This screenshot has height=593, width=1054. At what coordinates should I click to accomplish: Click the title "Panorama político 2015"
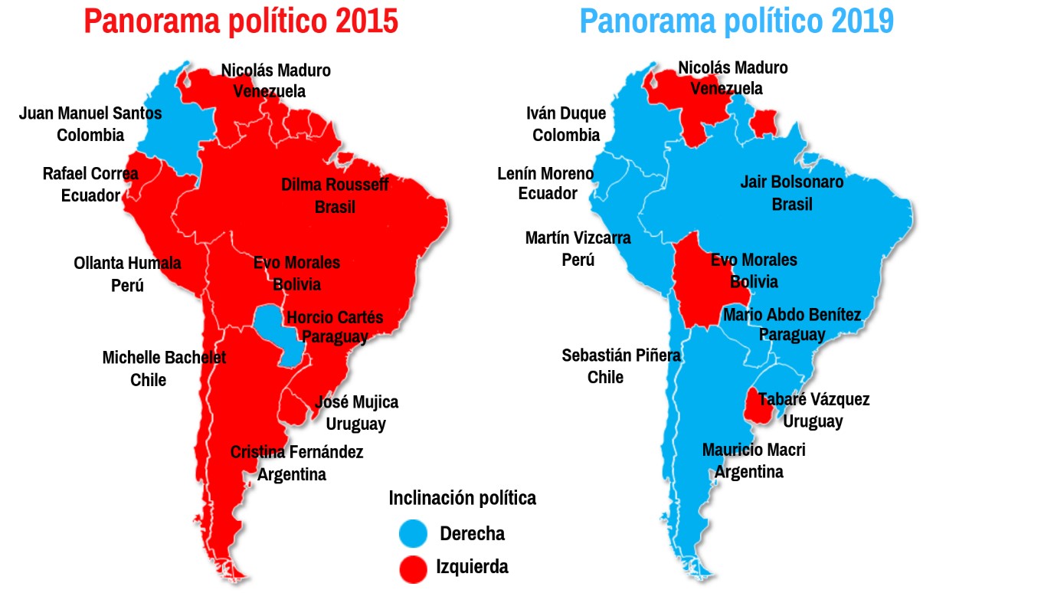click(241, 21)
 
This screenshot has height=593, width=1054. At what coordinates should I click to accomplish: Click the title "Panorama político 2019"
click(736, 21)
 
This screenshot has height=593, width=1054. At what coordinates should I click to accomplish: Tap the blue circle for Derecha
click(414, 533)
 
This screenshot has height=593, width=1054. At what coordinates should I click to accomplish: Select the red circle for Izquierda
click(414, 568)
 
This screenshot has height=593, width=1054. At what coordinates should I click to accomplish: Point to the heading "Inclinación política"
click(462, 498)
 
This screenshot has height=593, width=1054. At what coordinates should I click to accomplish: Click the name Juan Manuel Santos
click(90, 113)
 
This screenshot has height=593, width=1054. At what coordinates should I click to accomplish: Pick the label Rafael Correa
click(90, 174)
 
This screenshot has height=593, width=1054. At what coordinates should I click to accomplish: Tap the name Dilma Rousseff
click(335, 185)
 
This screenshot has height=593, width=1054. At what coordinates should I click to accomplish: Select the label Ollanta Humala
click(127, 264)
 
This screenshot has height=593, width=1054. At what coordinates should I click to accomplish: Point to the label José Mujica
click(356, 402)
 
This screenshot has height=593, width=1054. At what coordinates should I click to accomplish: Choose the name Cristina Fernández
click(296, 452)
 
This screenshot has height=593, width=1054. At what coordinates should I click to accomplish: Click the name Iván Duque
click(566, 114)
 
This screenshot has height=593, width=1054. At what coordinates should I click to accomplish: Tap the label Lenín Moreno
click(545, 174)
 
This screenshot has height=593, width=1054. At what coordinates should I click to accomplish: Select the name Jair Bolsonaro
click(791, 182)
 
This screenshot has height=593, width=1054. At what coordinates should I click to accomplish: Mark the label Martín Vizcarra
click(578, 238)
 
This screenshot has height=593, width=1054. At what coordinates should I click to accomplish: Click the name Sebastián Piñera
click(621, 355)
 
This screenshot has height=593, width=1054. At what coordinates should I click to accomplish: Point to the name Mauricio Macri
click(754, 450)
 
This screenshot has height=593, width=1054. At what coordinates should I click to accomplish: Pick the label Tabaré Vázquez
click(813, 399)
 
